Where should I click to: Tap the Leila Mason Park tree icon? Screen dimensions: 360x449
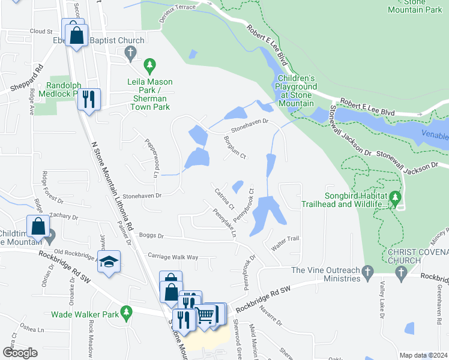pos(150,64)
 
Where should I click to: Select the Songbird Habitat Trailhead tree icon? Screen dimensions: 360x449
pos(394,197)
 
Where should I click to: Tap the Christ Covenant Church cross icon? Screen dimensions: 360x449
pos(400,273)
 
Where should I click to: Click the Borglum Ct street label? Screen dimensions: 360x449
pos(235,148)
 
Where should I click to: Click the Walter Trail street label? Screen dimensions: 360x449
pos(285,239)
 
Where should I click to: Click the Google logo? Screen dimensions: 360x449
pos(20,352)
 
